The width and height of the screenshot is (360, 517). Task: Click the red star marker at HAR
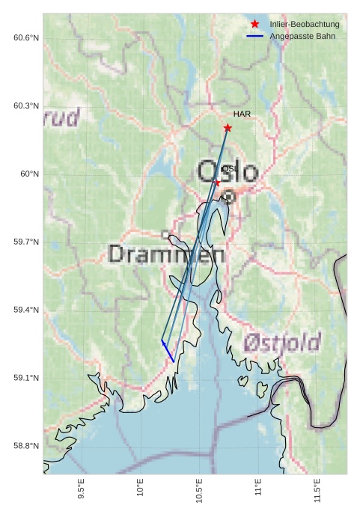[x=228, y=128]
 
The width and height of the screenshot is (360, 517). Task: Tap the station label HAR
[x=242, y=114]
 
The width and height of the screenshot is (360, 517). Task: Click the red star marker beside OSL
[x=218, y=183]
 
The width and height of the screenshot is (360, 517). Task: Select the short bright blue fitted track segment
[x=168, y=352]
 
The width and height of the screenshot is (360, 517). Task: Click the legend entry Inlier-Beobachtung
[x=304, y=25]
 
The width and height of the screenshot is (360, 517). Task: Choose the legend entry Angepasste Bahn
[x=302, y=36]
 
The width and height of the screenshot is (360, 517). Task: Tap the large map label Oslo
[x=228, y=172]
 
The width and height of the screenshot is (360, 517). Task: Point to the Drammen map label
[x=166, y=254]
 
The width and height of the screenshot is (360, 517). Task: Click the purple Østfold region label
[x=281, y=343]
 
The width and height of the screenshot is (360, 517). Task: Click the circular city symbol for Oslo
[x=229, y=196]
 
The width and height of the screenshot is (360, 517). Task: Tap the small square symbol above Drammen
[x=165, y=234]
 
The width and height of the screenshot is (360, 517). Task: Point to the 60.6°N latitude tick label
[x=26, y=37]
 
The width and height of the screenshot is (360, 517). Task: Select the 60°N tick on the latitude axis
[x=30, y=174]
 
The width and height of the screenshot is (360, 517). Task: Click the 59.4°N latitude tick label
[x=26, y=310]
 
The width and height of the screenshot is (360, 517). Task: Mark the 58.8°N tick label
[x=26, y=446]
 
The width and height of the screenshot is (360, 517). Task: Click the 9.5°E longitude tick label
[x=81, y=488]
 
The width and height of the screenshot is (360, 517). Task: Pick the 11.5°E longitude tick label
[x=317, y=488]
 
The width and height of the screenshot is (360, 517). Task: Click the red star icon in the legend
[x=255, y=25]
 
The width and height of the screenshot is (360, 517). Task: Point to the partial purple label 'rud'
[x=61, y=117]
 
